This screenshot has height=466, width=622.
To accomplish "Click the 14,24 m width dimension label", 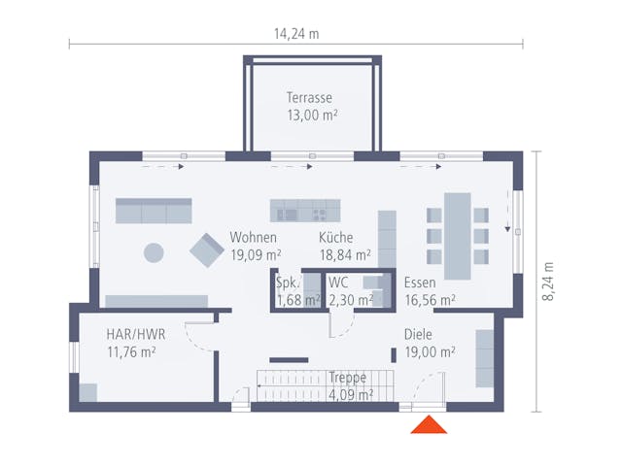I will [x=296, y=34].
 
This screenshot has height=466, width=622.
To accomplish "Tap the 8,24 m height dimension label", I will [x=548, y=282].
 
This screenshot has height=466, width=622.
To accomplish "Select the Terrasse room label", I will [x=310, y=98].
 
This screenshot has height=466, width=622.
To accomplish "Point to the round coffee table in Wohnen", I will [x=154, y=252].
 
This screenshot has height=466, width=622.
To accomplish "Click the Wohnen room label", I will [x=254, y=238].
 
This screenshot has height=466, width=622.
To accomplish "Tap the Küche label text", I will [x=335, y=238].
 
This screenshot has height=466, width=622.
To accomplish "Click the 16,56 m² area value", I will [x=430, y=301].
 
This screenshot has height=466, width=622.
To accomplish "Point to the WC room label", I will [x=338, y=283].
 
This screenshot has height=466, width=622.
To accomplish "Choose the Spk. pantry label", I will [x=287, y=283].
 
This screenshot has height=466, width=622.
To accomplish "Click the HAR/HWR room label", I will [x=136, y=334].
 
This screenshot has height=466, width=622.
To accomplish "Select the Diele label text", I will [x=419, y=335].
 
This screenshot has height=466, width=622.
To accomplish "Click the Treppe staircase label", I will [x=347, y=378].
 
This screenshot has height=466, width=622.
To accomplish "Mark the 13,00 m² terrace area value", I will [x=311, y=115].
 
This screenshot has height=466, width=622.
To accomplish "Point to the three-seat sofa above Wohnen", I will [x=154, y=210].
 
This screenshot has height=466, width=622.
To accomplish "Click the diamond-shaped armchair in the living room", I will [x=207, y=250].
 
